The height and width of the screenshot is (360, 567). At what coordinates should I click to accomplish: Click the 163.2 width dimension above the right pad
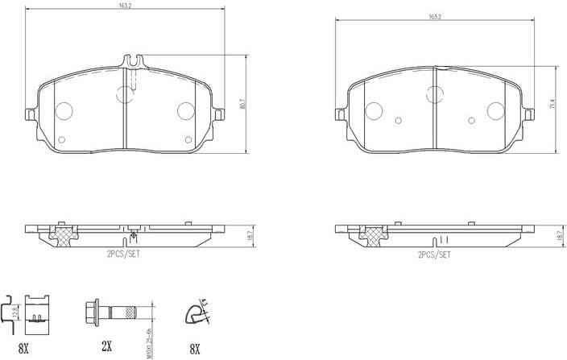(435, 16)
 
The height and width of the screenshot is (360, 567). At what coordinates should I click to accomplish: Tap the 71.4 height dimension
(553, 104)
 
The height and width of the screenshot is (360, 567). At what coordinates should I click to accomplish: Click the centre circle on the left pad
(125, 94)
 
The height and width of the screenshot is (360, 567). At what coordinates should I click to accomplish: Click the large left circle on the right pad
(373, 110)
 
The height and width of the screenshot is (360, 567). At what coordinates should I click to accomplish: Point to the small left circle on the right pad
(398, 121)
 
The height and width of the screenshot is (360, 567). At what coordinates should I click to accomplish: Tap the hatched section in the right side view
(372, 234)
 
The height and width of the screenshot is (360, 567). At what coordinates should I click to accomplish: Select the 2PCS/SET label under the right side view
(434, 254)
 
